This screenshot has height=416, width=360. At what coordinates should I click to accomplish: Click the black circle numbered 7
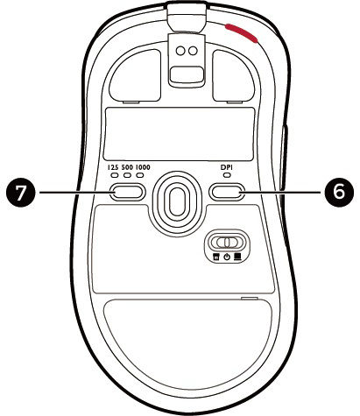click(x=20, y=192)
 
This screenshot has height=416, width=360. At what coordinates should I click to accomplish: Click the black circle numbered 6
click(x=339, y=192)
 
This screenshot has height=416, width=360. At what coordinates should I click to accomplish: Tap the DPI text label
click(x=227, y=167)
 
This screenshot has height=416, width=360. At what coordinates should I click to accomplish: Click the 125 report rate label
click(x=113, y=167)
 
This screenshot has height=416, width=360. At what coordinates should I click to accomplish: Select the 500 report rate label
click(x=127, y=167)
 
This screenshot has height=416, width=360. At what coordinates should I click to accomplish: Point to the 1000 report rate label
click(x=143, y=167)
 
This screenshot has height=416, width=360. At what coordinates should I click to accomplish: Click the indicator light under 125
click(x=115, y=175)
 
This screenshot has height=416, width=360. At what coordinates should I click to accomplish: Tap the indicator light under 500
click(x=127, y=175)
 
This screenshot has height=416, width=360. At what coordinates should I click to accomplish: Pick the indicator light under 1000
click(x=140, y=175)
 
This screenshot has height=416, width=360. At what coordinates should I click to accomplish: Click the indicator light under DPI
click(x=227, y=175)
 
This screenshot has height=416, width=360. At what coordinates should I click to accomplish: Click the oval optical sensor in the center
click(x=178, y=202)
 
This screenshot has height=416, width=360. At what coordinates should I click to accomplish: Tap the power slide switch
click(x=226, y=242)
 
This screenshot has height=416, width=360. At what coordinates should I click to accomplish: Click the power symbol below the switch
click(x=227, y=257)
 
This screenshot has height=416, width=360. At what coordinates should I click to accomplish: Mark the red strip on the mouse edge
click(x=241, y=32)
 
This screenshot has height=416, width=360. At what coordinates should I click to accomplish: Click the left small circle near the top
click(x=181, y=51)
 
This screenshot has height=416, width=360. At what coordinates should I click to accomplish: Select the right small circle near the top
click(x=193, y=51)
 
